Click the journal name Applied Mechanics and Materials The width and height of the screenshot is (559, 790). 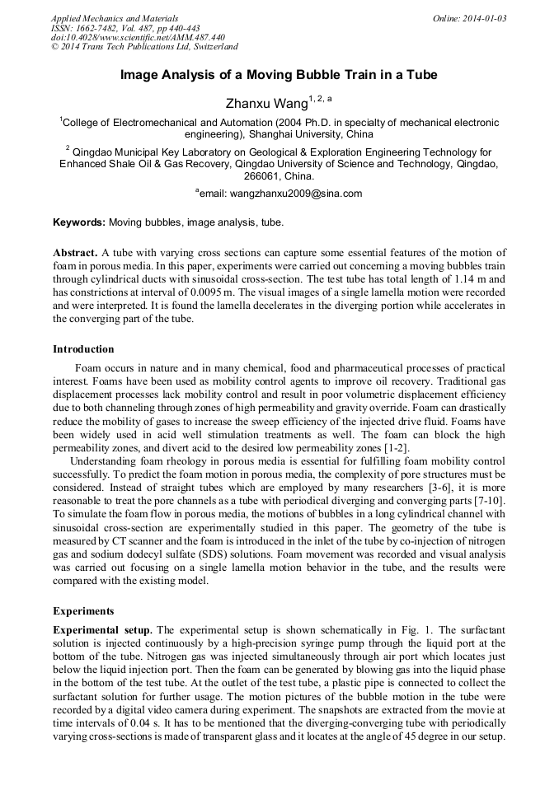[x=114, y=18]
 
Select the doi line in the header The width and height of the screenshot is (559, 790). [x=138, y=37]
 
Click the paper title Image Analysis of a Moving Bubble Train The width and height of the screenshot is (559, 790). [x=279, y=75]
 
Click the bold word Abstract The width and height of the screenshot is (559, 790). [x=75, y=252]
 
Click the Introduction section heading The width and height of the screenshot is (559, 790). [x=83, y=348]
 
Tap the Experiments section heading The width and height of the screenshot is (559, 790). [x=83, y=611]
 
